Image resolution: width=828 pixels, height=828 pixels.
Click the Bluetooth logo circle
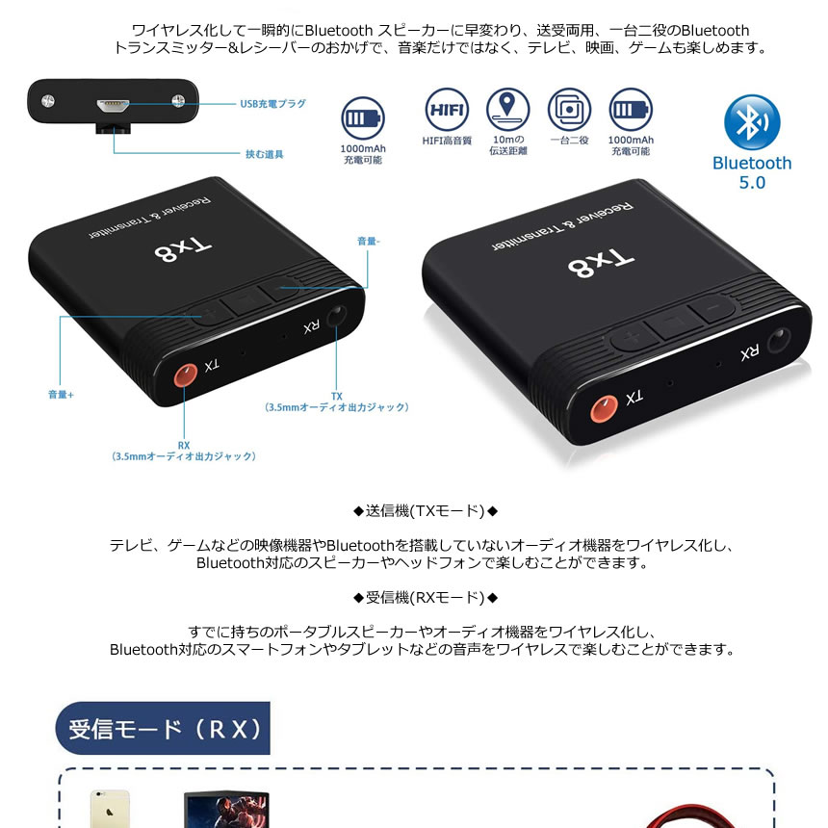752,122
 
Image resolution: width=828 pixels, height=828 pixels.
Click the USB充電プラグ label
273,103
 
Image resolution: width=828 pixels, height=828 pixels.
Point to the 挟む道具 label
264,154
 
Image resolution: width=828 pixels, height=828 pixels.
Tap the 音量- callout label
369,243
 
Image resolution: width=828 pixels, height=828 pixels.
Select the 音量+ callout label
61,395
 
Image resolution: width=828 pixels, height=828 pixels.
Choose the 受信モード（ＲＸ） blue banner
163,728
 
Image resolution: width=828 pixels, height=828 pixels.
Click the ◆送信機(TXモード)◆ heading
426,510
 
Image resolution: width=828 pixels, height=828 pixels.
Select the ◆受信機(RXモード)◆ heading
426,598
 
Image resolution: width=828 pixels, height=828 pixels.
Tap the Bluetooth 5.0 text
752,172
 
